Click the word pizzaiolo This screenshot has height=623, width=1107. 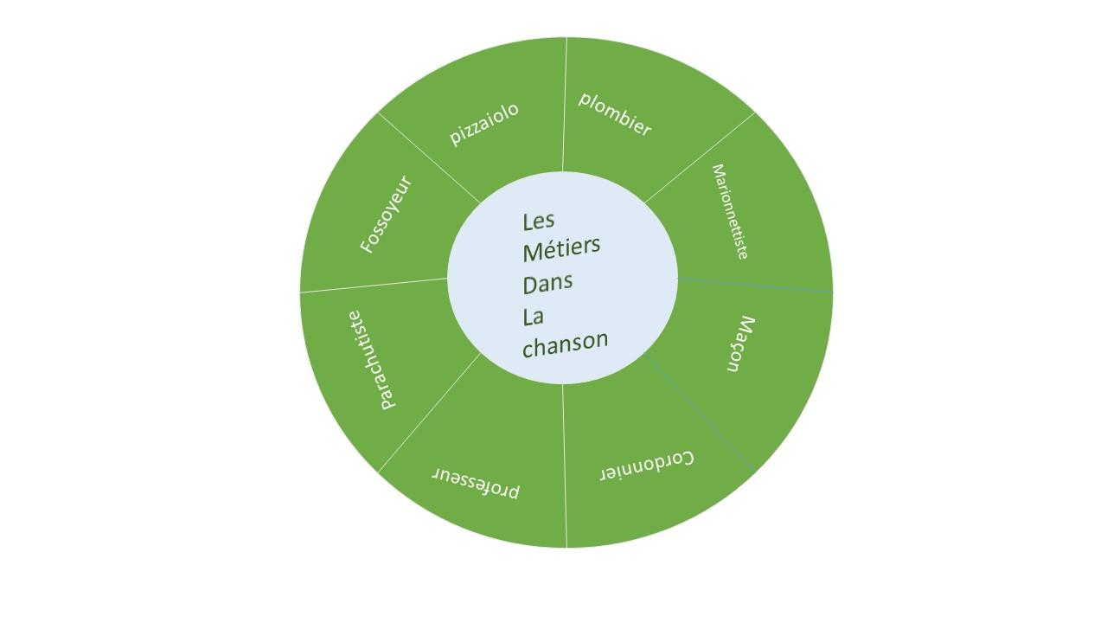click(x=483, y=124)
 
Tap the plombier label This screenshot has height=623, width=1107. click(x=615, y=114)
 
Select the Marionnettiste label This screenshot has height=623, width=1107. click(x=730, y=212)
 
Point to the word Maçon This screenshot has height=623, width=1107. click(x=740, y=344)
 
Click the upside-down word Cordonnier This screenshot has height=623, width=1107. click(x=647, y=466)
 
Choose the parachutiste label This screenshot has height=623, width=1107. click(x=372, y=360)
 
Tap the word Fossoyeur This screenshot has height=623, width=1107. click(x=386, y=214)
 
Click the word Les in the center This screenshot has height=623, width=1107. click(x=538, y=221)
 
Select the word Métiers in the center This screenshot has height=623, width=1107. click(x=561, y=248)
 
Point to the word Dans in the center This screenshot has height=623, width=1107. click(x=547, y=283)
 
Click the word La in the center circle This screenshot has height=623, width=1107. click(x=534, y=317)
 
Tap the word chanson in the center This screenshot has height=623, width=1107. click(x=566, y=343)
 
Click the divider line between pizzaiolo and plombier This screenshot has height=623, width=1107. click(x=565, y=105)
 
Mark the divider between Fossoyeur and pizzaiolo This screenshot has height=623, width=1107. click(x=429, y=157)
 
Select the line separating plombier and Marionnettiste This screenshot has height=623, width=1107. click(x=700, y=157)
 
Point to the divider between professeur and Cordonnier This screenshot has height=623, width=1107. click(x=565, y=466)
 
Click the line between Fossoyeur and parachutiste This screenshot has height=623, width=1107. click(x=374, y=286)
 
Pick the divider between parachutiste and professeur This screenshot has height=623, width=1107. click(x=430, y=413)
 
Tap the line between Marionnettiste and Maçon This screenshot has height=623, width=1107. click(x=755, y=286)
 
